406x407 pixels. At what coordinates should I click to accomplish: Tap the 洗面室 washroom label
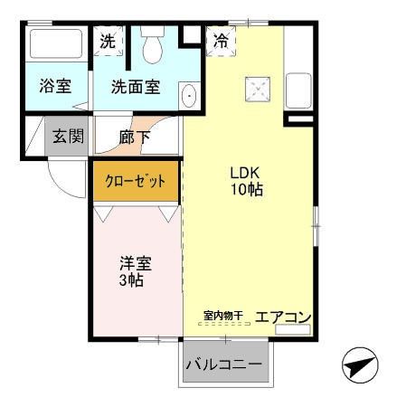pos(136,87)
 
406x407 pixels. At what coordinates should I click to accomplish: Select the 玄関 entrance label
pos(66,137)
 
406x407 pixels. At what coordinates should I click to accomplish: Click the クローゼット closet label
pos(136,181)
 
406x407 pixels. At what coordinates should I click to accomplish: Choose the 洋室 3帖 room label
pos(136,271)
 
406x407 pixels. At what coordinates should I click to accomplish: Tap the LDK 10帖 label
pos(246,180)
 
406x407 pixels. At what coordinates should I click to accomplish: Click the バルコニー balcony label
pos(224,364)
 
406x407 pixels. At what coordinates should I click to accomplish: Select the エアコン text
pos(284,317)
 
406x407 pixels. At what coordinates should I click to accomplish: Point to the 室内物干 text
pos(222,316)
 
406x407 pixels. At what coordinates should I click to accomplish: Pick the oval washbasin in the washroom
pos(189,95)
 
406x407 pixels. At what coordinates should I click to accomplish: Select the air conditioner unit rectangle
pos(292,329)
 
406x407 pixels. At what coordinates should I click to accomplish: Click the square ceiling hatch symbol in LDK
pos(258,89)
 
